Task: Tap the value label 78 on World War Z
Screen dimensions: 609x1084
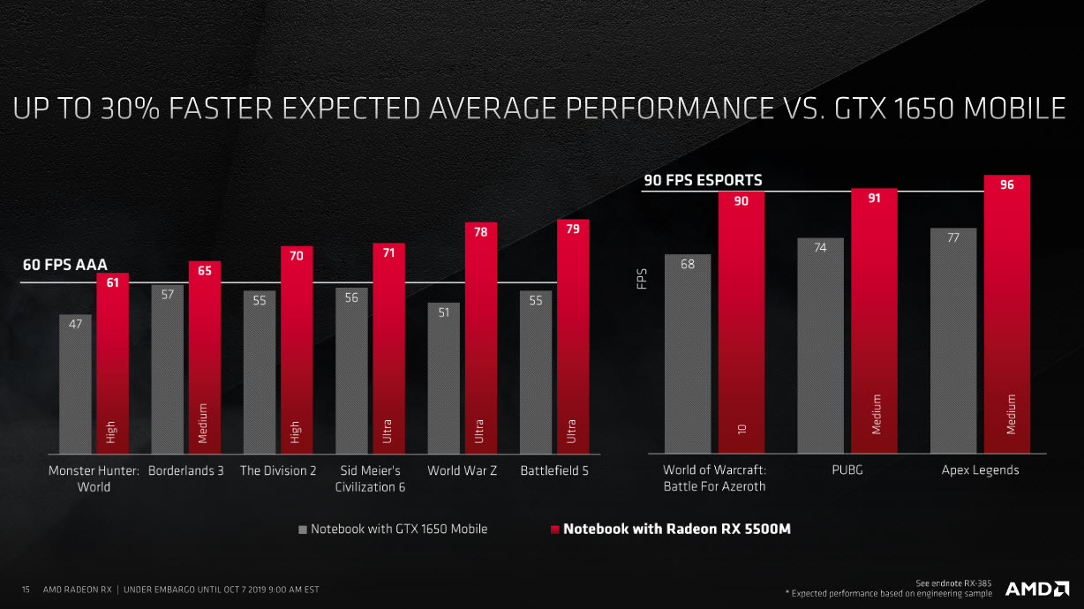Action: (480, 231)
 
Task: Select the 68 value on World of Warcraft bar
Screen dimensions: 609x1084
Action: (687, 264)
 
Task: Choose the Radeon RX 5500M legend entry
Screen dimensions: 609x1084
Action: (675, 529)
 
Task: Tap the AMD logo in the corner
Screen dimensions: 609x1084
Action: (1036, 589)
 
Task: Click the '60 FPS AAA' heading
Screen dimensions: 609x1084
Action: (64, 264)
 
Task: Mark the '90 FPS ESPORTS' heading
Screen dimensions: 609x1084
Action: (703, 181)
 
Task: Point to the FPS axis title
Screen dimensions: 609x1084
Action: (642, 277)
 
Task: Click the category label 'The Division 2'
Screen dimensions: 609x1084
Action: (278, 470)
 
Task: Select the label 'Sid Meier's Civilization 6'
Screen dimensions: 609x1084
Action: (370, 478)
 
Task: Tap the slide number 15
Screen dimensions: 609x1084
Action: (26, 589)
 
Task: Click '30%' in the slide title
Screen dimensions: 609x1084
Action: (136, 109)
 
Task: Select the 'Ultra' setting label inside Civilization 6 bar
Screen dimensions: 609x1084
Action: (388, 432)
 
